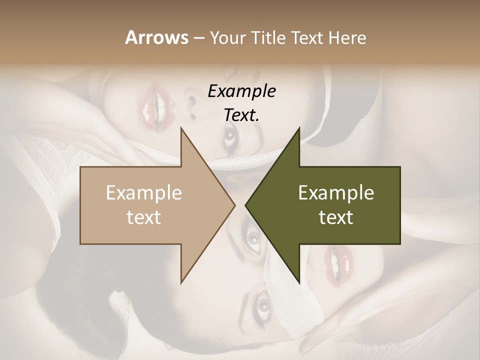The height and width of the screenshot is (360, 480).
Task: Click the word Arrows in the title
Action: [x=156, y=37]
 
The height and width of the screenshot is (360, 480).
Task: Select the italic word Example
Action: [x=241, y=91]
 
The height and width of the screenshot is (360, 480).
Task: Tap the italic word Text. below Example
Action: [x=241, y=115]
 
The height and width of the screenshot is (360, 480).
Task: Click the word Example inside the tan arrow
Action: [x=143, y=193]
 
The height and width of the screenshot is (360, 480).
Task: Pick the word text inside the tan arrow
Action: [x=143, y=217]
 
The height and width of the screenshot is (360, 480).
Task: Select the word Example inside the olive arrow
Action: [x=336, y=193]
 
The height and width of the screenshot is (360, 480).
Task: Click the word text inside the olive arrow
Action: [x=336, y=217]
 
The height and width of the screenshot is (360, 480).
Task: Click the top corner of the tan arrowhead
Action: [x=181, y=128]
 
